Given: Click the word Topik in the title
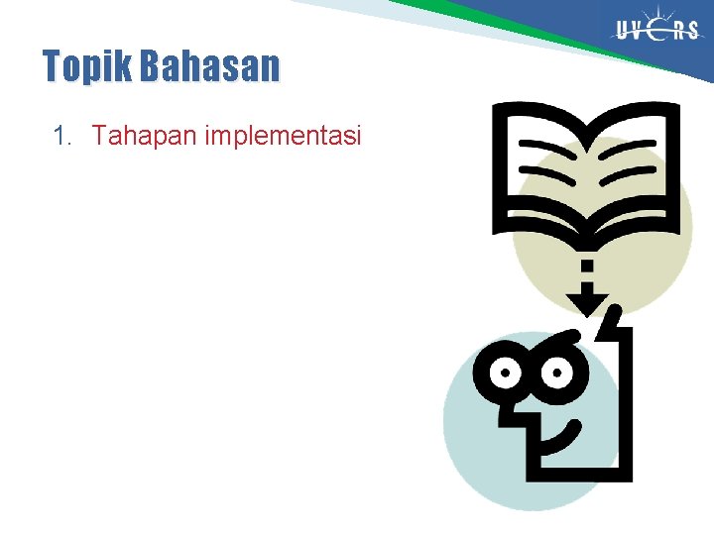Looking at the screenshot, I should click(x=88, y=67).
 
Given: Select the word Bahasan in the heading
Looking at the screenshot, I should click(x=210, y=66).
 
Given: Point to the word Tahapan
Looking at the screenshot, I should click(x=145, y=136).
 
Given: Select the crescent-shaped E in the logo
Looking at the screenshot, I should click(x=661, y=31).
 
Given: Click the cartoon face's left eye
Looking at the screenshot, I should click(x=506, y=374).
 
